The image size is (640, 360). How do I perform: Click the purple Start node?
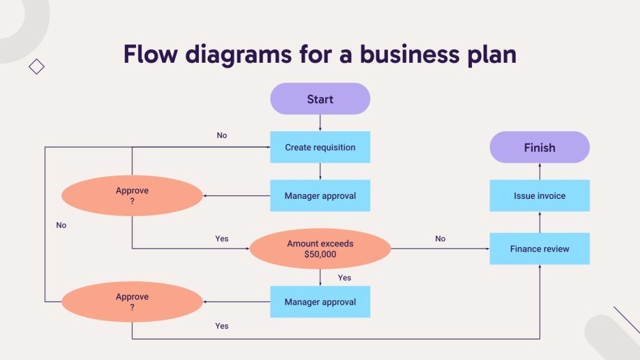pyautogui.click(x=320, y=99)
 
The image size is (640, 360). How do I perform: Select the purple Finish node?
pyautogui.click(x=539, y=148)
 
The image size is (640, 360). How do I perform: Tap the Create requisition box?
pyautogui.click(x=320, y=147)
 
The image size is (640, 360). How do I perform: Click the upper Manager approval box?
pyautogui.click(x=320, y=196)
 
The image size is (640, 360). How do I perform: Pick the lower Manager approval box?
pyautogui.click(x=320, y=302)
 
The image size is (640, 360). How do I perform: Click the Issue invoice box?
pyautogui.click(x=539, y=196)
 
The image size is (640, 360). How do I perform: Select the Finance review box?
pyautogui.click(x=539, y=249)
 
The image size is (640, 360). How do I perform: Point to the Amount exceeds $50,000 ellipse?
pyautogui.click(x=320, y=249)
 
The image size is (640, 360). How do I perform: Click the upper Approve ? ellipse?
pyautogui.click(x=132, y=196)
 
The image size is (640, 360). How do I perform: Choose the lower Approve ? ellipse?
pyautogui.click(x=132, y=302)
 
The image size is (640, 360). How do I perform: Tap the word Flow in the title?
pyautogui.click(x=152, y=54)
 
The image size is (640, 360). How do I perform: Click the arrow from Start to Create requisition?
pyautogui.click(x=320, y=122)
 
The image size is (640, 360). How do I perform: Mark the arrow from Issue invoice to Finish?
pyautogui.click(x=539, y=171)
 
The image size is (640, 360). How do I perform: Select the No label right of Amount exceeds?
pyautogui.click(x=440, y=238)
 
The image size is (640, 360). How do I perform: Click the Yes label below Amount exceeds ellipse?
pyautogui.click(x=344, y=277)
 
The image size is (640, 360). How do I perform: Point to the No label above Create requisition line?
pyautogui.click(x=221, y=135)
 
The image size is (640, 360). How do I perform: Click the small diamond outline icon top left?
pyautogui.click(x=36, y=66)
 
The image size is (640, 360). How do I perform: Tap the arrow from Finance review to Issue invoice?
pyautogui.click(x=539, y=222)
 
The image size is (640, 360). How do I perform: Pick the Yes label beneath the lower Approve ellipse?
pyautogui.click(x=221, y=326)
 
